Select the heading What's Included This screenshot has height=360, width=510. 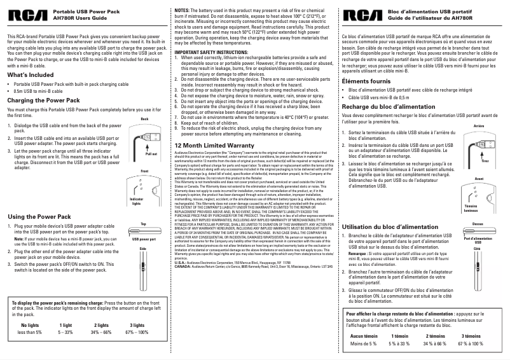tap(30, 75)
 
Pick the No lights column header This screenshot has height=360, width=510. tap(30, 325)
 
